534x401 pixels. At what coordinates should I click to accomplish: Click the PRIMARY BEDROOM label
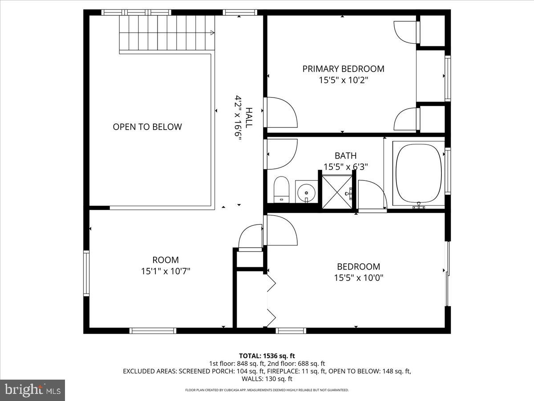pyautogui.click(x=343, y=69)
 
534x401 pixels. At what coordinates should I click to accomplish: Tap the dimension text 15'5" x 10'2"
pyautogui.click(x=343, y=80)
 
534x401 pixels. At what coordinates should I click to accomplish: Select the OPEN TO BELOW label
pyautogui.click(x=147, y=127)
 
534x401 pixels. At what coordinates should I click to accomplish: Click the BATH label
pyautogui.click(x=345, y=155)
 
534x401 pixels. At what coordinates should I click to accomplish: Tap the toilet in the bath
pyautogui.click(x=281, y=190)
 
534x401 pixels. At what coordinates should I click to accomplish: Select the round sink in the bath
pyautogui.click(x=306, y=193)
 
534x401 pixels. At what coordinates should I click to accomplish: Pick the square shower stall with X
pyautogui.click(x=337, y=192)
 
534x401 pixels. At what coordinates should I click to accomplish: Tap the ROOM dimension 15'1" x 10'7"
pyautogui.click(x=166, y=271)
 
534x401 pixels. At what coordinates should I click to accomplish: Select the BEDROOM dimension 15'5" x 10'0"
pyautogui.click(x=359, y=278)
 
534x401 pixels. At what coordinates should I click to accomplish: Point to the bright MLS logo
pyautogui.click(x=32, y=390)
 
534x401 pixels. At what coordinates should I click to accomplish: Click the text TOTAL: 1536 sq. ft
pyautogui.click(x=267, y=356)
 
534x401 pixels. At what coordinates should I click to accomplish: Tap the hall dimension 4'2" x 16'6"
pyautogui.click(x=238, y=118)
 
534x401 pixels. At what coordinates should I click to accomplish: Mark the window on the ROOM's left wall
pyautogui.click(x=86, y=273)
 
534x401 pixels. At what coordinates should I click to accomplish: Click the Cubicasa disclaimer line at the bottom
pyautogui.click(x=267, y=390)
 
